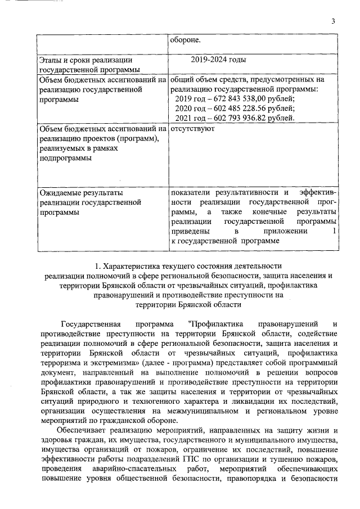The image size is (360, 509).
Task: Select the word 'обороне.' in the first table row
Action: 185,40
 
